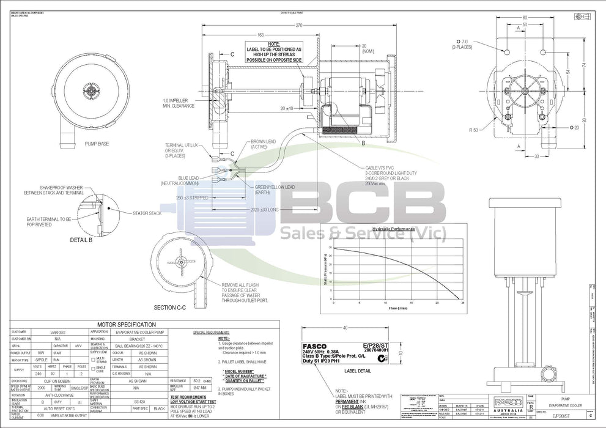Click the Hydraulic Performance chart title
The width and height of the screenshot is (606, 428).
pos(372,227)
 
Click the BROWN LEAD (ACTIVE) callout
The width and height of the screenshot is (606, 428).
pos(262,144)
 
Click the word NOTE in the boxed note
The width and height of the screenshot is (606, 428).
pos(273,43)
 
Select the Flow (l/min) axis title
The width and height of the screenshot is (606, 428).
pos(398,308)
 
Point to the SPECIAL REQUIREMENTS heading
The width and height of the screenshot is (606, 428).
pos(211,333)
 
